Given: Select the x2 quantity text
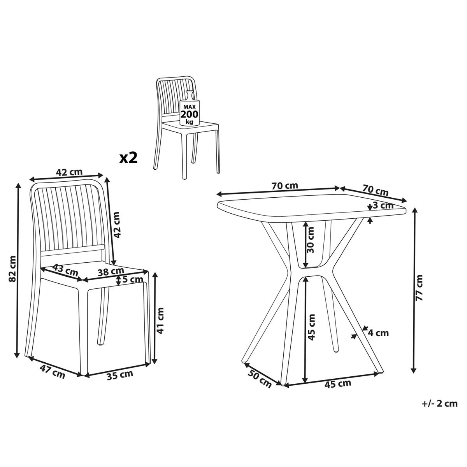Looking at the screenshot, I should tap(128, 158).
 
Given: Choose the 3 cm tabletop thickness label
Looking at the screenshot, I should tap(383, 205).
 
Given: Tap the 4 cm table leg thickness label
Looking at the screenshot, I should tap(378, 333).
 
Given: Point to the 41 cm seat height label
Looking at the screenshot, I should tap(160, 320).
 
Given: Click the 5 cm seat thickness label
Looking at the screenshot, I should tap(133, 279).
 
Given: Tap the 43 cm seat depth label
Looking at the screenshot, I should tap(66, 269).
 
